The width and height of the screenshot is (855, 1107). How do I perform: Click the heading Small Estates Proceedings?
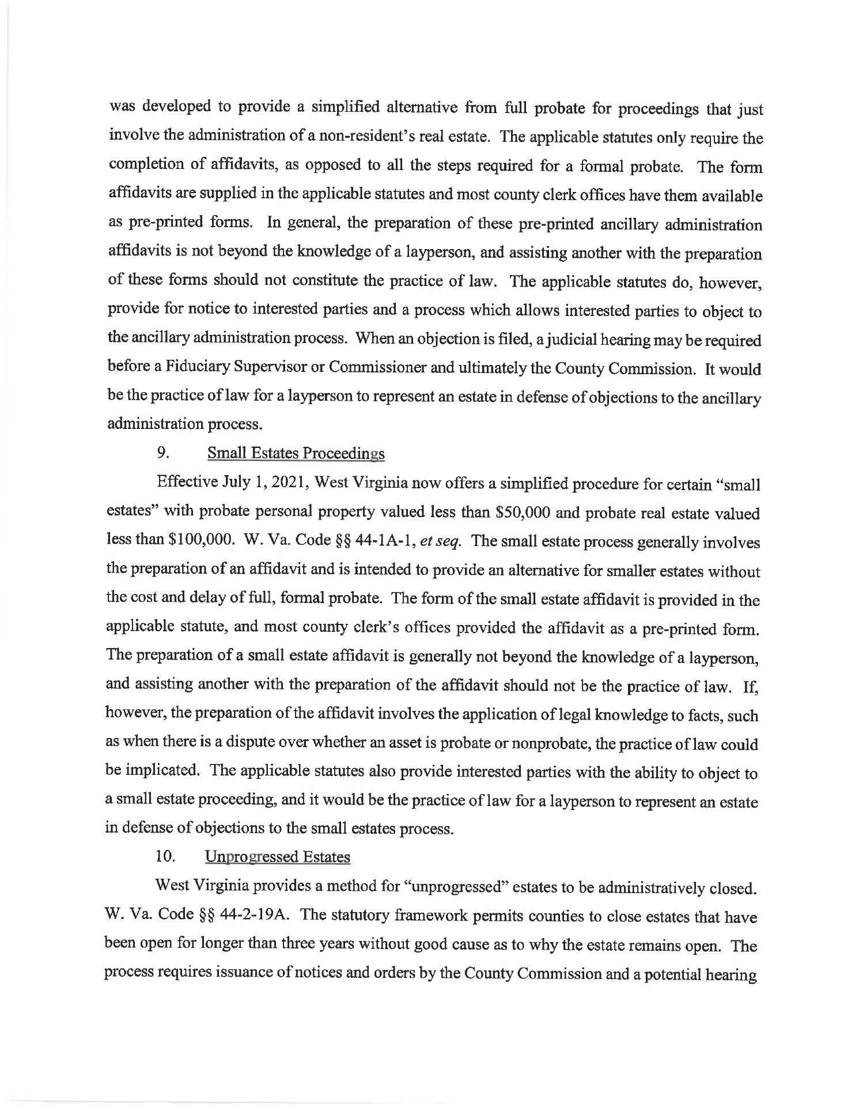296,454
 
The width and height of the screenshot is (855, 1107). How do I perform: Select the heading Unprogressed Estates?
278,857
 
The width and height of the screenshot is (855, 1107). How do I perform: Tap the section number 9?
162,453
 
